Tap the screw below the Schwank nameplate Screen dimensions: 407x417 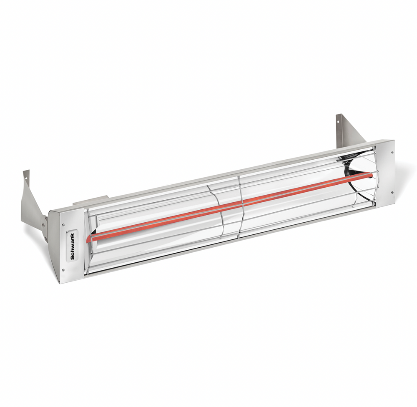(x=63, y=269)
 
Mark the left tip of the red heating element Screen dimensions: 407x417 (x=89, y=239)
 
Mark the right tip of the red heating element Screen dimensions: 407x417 (x=371, y=175)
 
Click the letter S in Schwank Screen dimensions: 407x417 (x=73, y=257)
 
